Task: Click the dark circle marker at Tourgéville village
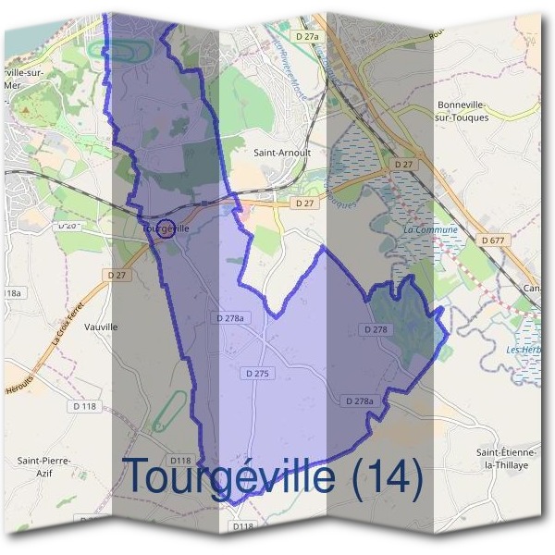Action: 166,228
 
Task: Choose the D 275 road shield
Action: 260,374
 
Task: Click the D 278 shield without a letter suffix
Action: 376,329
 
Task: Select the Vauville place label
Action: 101,327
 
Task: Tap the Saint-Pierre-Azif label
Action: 43,467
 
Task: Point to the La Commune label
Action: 431,229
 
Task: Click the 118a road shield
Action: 10,293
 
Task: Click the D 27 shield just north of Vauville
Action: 117,275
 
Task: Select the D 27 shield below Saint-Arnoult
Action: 304,203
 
